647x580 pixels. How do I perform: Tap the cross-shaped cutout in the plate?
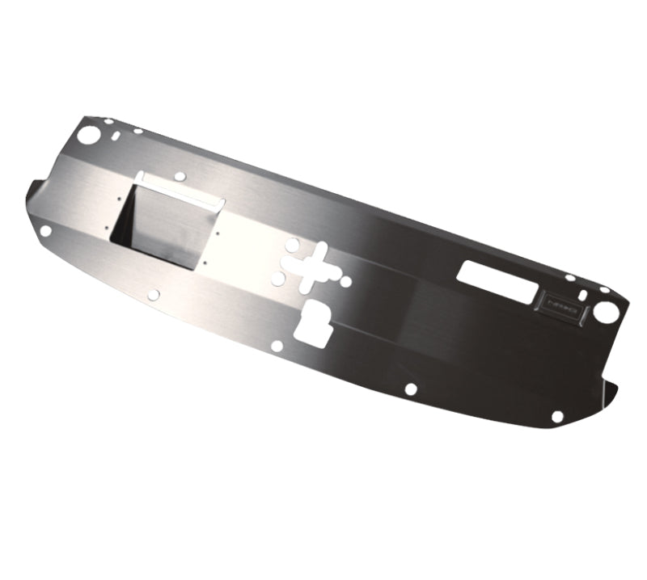click(311, 267)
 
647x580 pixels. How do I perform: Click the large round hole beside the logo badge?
click(606, 310)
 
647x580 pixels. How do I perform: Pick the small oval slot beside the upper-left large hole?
click(118, 134)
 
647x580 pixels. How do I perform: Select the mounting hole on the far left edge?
click(46, 231)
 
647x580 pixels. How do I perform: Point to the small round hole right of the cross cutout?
click(345, 281)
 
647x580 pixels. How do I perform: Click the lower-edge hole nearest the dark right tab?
click(557, 417)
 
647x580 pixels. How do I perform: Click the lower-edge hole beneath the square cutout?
click(154, 295)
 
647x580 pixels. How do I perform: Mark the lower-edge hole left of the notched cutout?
click(277, 346)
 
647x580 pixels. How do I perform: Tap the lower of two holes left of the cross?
click(277, 279)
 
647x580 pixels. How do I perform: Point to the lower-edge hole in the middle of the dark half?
click(411, 389)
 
